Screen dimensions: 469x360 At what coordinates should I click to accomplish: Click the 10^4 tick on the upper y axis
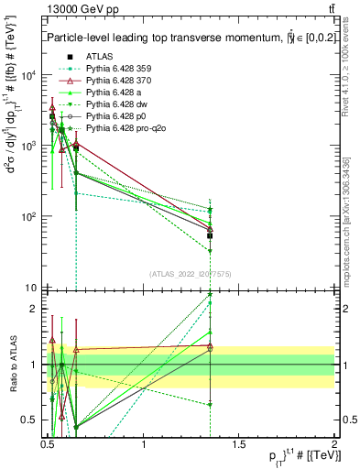point(29,75)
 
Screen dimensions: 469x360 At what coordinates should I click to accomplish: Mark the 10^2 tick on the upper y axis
point(29,217)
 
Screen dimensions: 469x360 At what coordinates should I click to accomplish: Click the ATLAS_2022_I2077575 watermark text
point(191,274)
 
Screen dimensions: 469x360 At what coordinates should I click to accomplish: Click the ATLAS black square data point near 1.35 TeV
point(211,235)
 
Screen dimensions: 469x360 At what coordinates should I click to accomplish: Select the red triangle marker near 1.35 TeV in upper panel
point(211,228)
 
